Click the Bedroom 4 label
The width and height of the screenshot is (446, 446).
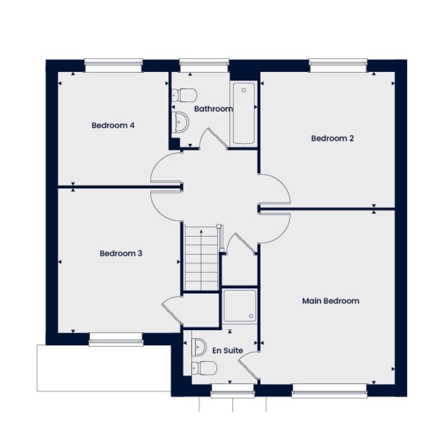click(113, 125)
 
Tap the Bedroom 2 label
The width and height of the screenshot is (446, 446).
click(332, 138)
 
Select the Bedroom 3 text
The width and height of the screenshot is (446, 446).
click(121, 253)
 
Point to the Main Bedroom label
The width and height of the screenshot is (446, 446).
click(330, 301)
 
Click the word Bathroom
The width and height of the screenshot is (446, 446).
click(214, 109)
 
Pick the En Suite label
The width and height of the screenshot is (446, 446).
click(228, 351)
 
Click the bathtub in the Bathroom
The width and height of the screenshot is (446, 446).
click(244, 113)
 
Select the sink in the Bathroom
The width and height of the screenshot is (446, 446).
click(180, 122)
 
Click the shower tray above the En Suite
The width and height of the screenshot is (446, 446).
click(240, 306)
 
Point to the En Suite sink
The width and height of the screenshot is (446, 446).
click(199, 347)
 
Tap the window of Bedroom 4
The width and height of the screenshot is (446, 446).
click(114, 66)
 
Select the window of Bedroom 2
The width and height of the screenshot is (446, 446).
click(338, 66)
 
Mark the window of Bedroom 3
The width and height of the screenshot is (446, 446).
click(116, 339)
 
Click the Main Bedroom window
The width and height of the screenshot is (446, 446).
click(330, 391)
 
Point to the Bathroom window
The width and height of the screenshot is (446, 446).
click(204, 66)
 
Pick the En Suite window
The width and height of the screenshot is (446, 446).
click(232, 390)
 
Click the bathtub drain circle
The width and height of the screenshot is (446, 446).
click(244, 90)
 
